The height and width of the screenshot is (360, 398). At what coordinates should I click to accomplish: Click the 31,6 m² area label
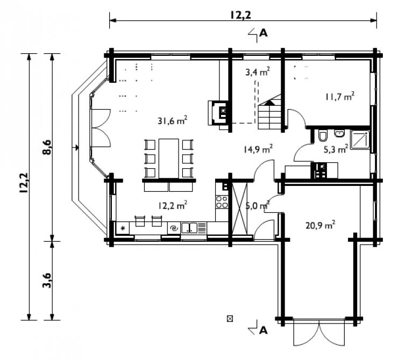coord(172,120)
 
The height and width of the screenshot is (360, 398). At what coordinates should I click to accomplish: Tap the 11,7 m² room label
coord(340,96)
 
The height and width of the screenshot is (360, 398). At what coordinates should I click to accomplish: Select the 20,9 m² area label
coord(321,225)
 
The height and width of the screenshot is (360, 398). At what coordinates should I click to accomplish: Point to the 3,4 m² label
coord(258,72)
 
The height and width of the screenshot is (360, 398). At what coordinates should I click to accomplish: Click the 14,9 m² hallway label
coord(258,149)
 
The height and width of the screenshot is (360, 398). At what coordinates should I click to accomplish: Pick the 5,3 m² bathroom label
coord(336,149)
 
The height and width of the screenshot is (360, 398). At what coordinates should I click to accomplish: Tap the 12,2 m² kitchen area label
coord(173,205)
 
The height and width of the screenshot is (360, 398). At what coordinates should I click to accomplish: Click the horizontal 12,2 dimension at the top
coord(240,15)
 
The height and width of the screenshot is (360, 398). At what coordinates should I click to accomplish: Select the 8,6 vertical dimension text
coord(47,147)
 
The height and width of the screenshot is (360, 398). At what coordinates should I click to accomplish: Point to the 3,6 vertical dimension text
coord(47,280)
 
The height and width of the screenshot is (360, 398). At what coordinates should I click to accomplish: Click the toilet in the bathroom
coord(323,136)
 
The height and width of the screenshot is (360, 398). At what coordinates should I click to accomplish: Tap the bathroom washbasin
coord(339,133)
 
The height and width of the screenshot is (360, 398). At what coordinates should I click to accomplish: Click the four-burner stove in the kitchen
coord(222,202)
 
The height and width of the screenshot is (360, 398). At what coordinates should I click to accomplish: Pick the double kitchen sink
coord(189,227)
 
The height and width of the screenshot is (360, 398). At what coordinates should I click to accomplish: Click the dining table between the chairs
coord(169,159)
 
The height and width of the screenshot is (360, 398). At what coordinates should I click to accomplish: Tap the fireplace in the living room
coord(218,113)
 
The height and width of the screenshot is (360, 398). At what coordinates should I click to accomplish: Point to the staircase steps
coord(269,114)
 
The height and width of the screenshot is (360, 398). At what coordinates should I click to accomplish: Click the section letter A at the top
coord(264,33)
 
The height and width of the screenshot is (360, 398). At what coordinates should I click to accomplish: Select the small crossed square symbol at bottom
coord(230,319)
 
